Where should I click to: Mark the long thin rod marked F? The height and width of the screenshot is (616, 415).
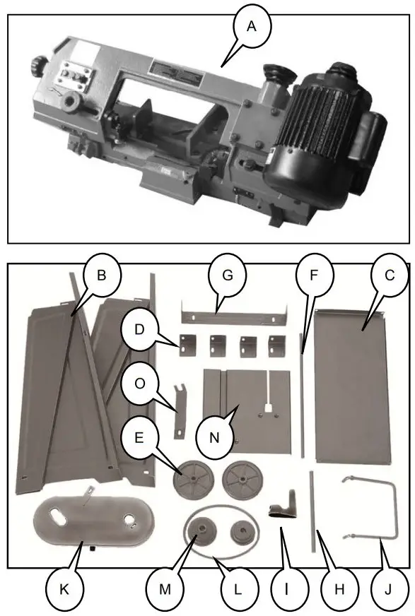pyautogui.click(x=302, y=396)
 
